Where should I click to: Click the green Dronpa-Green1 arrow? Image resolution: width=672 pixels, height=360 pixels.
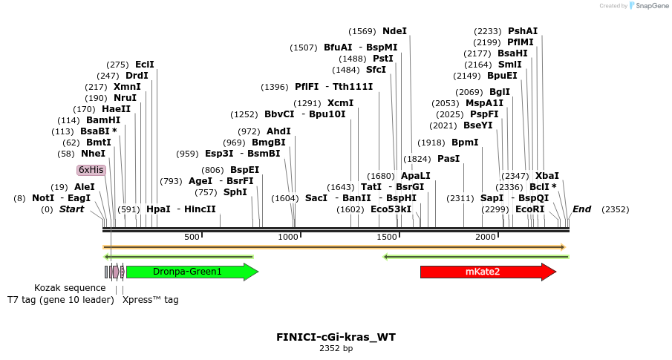[192, 272]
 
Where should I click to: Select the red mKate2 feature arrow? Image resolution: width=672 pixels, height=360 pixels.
[488, 272]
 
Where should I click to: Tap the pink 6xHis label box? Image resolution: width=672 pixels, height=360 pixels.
[91, 170]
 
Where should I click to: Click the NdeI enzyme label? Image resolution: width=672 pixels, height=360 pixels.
[395, 31]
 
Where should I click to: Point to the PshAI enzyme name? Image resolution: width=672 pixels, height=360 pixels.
[523, 31]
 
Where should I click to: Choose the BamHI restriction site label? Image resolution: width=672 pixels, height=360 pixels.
[103, 120]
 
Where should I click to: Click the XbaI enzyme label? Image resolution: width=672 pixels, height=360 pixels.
[547, 176]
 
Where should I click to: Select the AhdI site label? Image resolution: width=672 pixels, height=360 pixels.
[278, 131]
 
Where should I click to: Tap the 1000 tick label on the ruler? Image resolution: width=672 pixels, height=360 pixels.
[288, 237]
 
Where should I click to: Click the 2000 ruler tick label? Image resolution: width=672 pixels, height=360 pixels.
[486, 237]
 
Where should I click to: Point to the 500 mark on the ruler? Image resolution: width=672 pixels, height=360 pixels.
[192, 237]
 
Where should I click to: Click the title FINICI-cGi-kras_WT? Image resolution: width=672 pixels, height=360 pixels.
[336, 337]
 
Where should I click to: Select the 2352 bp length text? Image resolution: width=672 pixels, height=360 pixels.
[336, 348]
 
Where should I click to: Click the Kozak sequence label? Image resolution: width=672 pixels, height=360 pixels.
[70, 288]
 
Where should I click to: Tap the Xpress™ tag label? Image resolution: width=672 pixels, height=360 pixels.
[151, 300]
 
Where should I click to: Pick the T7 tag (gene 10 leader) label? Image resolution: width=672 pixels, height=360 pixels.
[61, 300]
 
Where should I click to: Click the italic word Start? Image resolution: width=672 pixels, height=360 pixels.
[71, 209]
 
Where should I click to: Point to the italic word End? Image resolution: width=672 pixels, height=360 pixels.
[581, 209]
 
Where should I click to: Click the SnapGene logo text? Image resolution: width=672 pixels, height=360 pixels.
[652, 6]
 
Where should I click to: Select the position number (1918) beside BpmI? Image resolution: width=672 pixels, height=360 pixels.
[431, 143]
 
